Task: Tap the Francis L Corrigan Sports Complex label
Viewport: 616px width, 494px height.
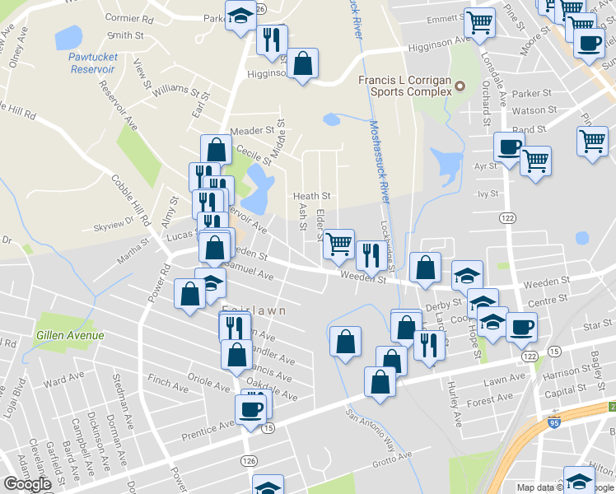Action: coord(404,86)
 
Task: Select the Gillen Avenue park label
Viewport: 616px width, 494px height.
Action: coord(70,335)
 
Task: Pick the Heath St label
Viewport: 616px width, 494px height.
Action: coord(312,196)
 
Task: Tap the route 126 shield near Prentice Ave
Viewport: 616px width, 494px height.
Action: coord(247,458)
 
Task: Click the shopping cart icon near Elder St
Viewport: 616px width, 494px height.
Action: coord(337,242)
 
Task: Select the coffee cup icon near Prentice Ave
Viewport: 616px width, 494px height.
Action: coord(251,408)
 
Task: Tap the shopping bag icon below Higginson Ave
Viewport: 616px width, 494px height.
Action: coord(302,63)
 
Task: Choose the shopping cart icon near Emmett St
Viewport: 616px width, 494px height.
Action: coord(478,22)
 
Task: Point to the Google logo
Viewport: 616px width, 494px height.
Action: coord(27,484)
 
